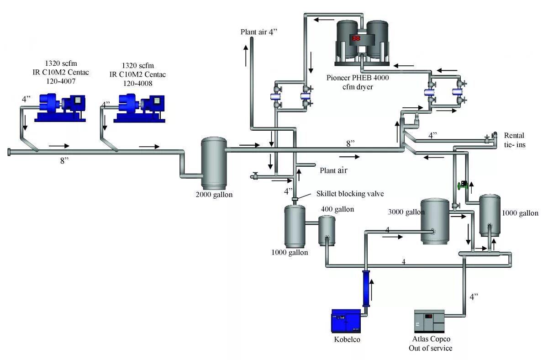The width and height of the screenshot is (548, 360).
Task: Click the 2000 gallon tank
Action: [x=214, y=163]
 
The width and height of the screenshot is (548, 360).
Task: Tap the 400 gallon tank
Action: [x=327, y=229]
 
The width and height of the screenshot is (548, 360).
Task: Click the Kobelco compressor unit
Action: [x=346, y=321]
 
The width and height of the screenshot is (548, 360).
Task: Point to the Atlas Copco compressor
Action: [x=429, y=321]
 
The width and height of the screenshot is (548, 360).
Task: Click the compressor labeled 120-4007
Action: [x=60, y=108]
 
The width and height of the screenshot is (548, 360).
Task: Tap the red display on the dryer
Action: [x=356, y=38]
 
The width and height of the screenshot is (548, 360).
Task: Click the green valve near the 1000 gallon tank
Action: [x=462, y=185]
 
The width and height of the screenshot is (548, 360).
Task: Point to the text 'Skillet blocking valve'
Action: [x=350, y=193]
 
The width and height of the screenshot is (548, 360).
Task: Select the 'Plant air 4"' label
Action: [x=259, y=32]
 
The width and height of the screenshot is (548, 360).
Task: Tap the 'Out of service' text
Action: [x=430, y=348]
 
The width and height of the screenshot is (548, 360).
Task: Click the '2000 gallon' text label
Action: [x=214, y=195]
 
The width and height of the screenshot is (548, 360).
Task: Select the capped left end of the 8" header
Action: [x=9, y=152]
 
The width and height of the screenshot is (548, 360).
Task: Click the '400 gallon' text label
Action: [x=337, y=209]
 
